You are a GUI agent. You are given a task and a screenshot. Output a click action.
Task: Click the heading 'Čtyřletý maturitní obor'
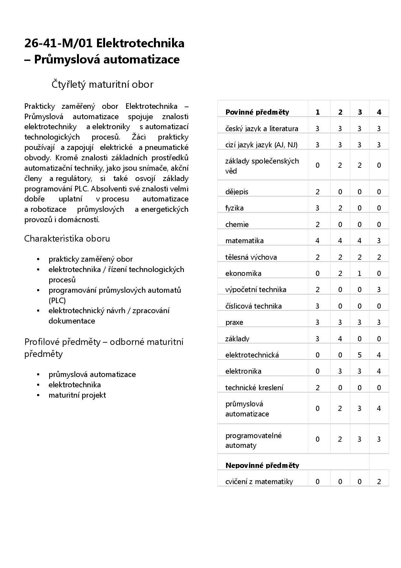tap(102, 85)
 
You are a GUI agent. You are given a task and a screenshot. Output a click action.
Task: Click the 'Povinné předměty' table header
tap(257, 112)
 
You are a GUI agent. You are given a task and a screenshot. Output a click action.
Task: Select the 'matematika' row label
tap(244, 241)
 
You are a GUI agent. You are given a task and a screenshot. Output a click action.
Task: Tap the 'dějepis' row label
tap(237, 192)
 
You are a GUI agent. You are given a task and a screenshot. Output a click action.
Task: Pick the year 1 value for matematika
tap(317, 241)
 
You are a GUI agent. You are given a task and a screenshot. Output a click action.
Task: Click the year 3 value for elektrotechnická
tap(359, 355)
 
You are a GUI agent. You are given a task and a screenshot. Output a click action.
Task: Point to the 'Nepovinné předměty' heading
tap(262, 465)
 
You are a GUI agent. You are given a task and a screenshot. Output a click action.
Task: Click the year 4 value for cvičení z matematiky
tap(379, 482)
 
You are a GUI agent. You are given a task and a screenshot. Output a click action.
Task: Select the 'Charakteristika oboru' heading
tap(67, 239)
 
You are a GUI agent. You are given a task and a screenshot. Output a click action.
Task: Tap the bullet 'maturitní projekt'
tap(77, 395)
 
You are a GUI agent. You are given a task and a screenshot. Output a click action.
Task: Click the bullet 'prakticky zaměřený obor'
tap(91, 259)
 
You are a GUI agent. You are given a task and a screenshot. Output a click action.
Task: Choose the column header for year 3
tap(360, 112)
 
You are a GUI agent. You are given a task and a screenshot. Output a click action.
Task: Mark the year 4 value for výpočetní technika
tap(379, 290)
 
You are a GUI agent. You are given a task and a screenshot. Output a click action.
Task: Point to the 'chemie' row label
tap(237, 224)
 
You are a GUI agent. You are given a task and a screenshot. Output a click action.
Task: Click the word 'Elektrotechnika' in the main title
tap(140, 43)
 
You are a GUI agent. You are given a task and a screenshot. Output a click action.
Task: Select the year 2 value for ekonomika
tap(340, 273)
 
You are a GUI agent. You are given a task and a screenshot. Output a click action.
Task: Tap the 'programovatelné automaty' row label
tap(253, 440)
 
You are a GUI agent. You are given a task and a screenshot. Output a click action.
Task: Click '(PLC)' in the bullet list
tap(57, 300)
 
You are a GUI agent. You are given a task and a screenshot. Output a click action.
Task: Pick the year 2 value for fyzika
tap(340, 208)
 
